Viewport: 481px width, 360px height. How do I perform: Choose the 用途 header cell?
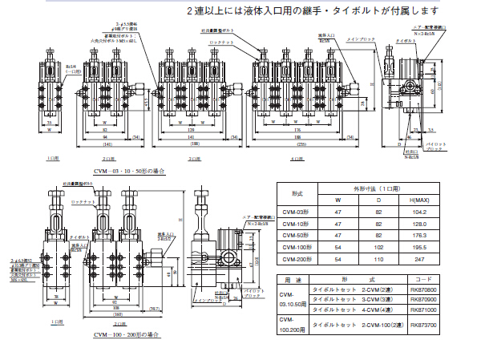tap(292, 280)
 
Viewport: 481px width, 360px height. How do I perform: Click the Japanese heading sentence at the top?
tap(313, 11)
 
